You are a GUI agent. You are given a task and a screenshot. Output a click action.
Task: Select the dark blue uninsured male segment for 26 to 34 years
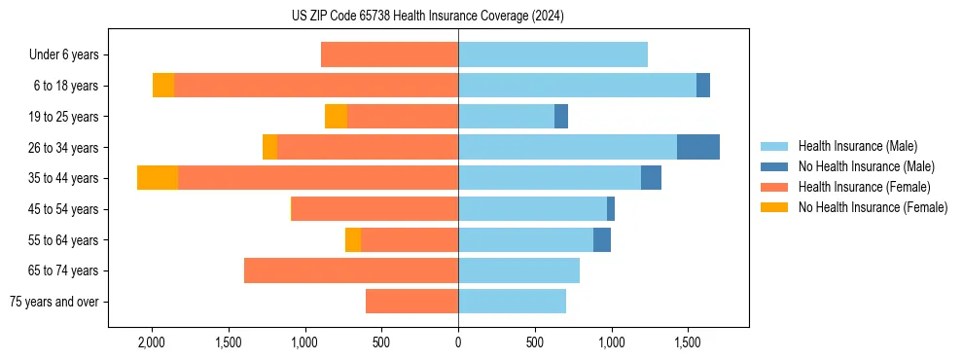(697, 147)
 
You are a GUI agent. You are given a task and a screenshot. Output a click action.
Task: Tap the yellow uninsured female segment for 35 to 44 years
(158, 178)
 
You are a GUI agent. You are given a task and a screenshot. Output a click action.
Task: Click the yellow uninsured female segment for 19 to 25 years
(336, 117)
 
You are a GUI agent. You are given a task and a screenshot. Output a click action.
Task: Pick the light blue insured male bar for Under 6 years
(553, 55)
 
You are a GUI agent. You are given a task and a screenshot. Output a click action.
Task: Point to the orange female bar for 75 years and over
(411, 302)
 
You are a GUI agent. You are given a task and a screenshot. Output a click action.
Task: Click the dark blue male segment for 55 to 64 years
(602, 239)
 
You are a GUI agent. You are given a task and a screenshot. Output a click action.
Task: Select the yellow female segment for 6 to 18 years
(163, 86)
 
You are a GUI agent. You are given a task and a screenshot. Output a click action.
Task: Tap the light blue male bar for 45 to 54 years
(532, 208)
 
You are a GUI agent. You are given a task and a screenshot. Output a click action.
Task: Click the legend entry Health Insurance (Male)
(857, 146)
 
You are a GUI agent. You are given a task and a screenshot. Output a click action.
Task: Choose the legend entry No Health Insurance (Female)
(873, 207)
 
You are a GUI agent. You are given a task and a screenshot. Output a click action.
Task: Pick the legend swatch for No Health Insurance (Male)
(775, 166)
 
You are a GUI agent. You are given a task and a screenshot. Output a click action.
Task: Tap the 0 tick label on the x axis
(458, 342)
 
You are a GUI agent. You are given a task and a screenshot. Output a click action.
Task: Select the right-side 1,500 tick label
(688, 342)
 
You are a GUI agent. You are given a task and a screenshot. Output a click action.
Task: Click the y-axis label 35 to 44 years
(63, 178)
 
